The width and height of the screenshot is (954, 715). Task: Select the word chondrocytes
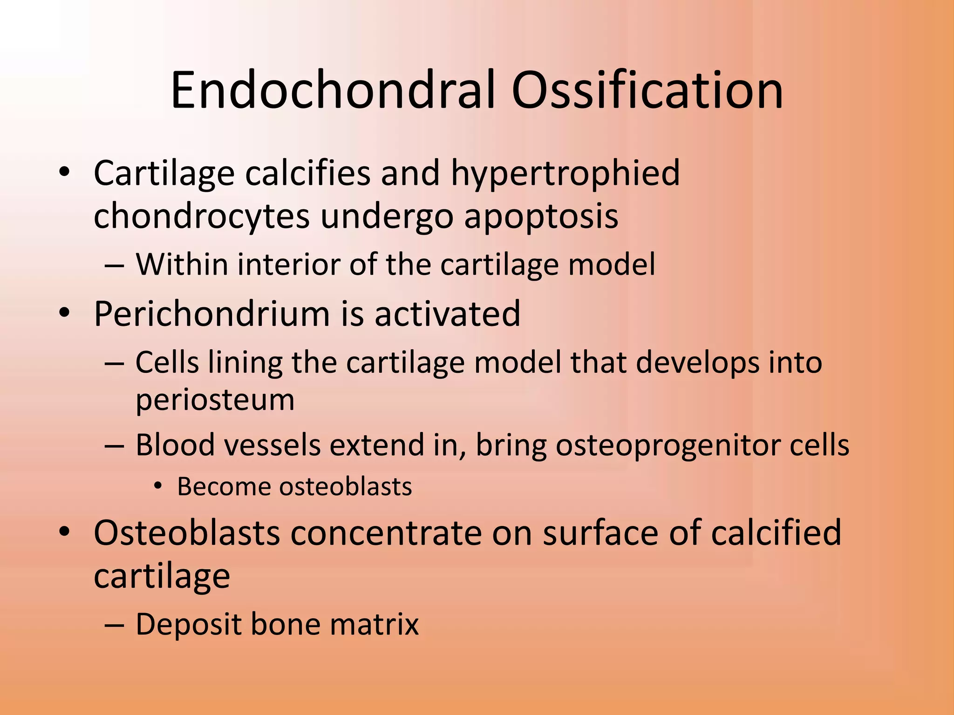tap(201, 216)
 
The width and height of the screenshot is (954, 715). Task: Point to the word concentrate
tap(386, 533)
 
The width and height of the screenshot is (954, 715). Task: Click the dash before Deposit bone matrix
tap(115, 625)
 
